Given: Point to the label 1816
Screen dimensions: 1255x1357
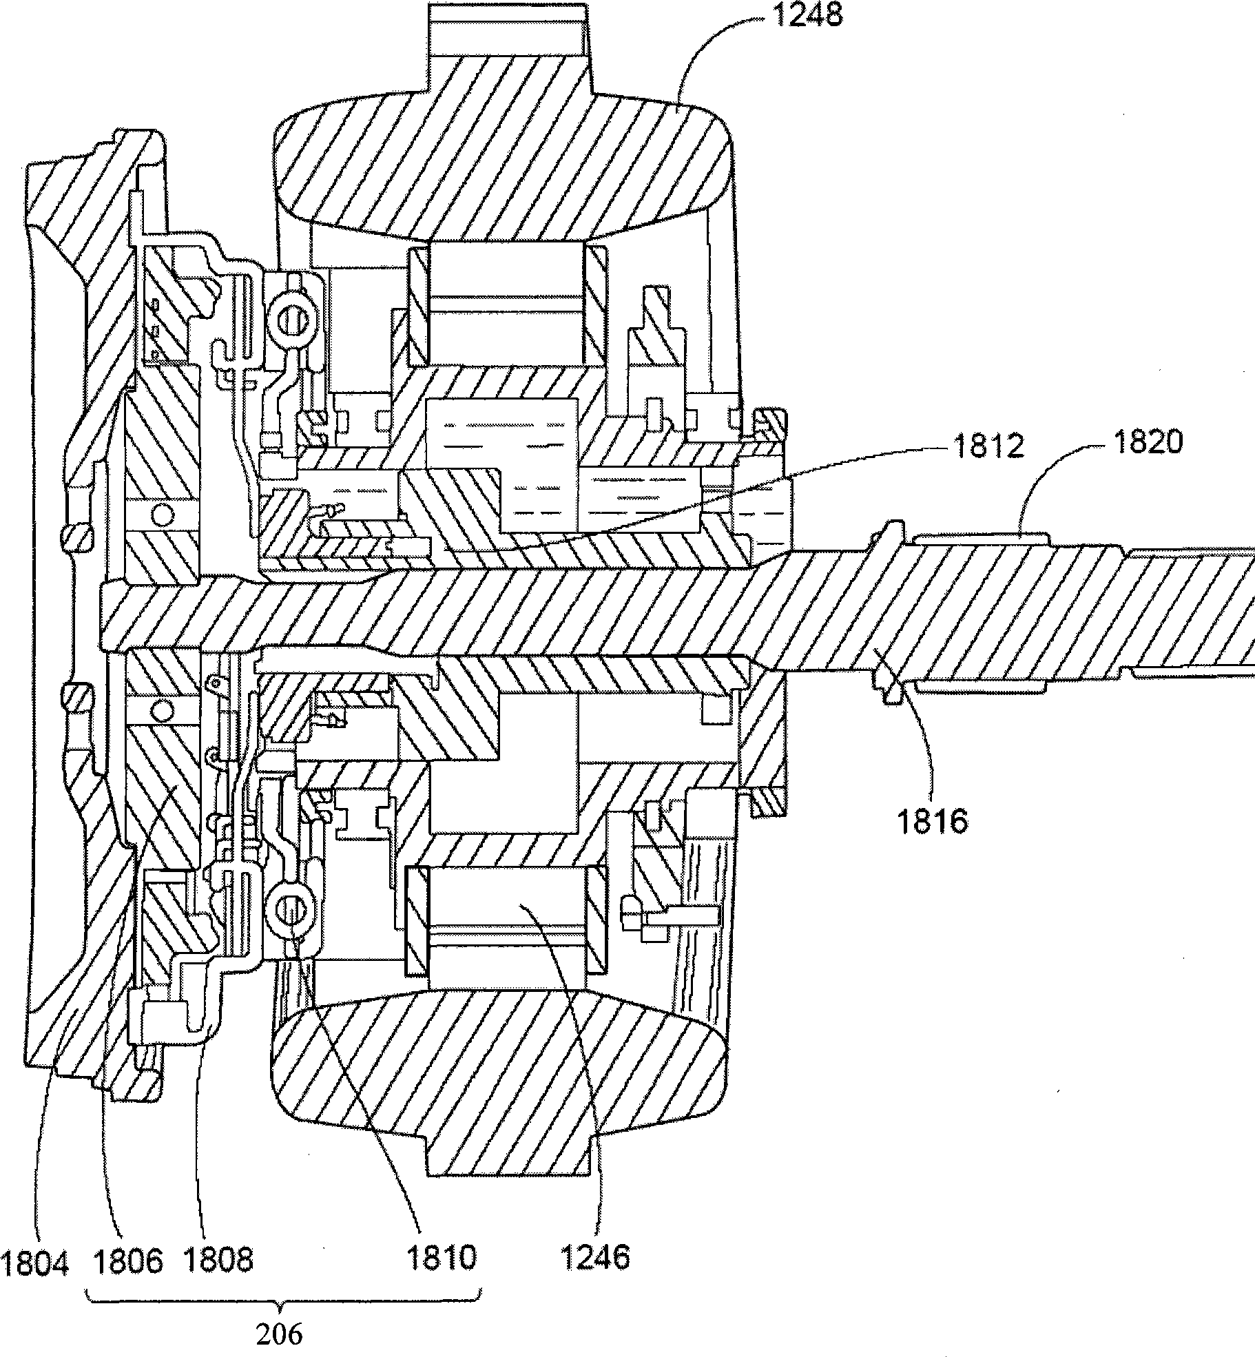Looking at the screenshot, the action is tap(932, 822).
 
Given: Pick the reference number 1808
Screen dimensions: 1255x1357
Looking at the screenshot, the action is tap(218, 1260).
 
